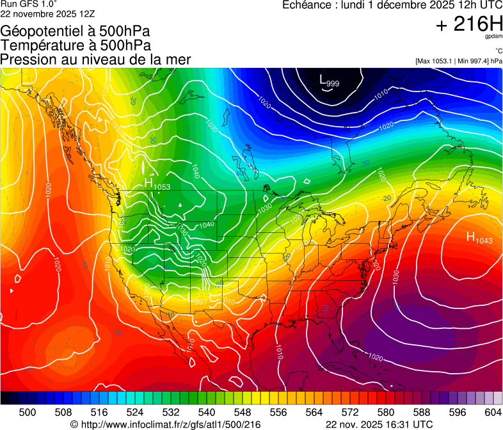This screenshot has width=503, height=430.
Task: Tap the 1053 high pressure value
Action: (162, 187)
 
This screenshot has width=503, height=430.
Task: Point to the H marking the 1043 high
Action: (470, 237)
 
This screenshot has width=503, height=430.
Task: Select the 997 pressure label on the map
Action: (200, 301)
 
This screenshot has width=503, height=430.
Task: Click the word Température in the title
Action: (36, 45)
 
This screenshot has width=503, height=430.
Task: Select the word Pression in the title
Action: (24, 60)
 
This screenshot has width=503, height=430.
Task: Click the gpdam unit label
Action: (493, 36)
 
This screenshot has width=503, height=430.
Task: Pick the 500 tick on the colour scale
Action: (28, 411)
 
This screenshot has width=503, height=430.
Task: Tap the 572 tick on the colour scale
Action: (350, 411)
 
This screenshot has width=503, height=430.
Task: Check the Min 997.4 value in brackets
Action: (471, 61)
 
